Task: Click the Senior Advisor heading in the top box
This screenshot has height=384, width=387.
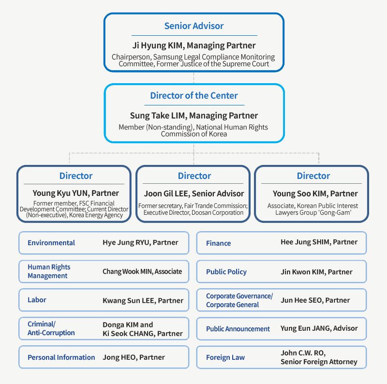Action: coord(194,26)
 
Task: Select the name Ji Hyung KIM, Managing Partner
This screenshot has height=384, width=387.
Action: coord(194,45)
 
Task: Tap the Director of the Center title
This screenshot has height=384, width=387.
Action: coord(194,95)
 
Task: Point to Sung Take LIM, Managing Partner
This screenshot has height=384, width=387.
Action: coord(194,116)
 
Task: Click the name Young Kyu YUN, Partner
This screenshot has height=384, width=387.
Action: coord(76,193)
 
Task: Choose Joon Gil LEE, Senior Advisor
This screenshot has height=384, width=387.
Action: coord(194,194)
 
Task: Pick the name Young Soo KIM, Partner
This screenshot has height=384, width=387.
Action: coord(315,194)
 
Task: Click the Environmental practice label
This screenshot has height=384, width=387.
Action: coord(51,243)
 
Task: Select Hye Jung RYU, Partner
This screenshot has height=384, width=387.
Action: coord(140,243)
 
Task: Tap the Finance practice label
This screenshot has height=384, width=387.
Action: coord(219,243)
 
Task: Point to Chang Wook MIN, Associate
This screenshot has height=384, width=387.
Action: coord(142,271)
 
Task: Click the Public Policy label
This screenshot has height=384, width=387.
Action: coord(226,272)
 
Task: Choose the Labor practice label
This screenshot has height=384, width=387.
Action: coord(37,300)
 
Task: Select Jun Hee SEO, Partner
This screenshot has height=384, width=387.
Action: coord(315,300)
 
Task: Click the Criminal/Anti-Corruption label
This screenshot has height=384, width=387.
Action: coord(51,328)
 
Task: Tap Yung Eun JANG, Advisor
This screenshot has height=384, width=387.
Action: coord(319,328)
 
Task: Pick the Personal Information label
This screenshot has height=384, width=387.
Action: coord(61,357)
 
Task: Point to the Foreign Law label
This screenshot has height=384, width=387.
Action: coord(225,357)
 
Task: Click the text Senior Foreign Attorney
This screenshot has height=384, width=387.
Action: coord(319,362)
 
